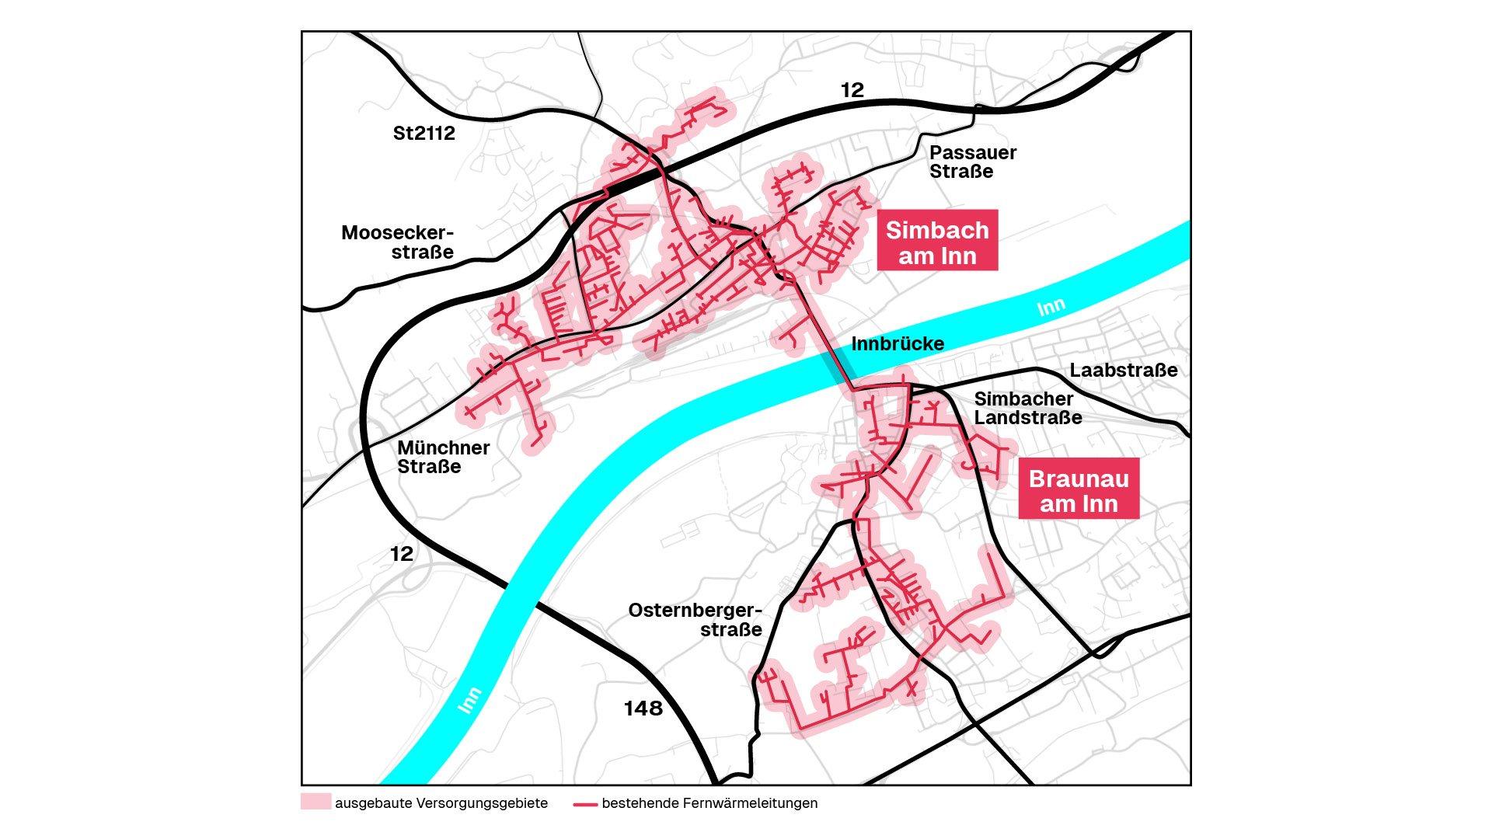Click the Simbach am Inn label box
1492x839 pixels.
[937, 242]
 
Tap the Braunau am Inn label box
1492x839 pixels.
[1079, 490]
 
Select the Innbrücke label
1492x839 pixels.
[898, 343]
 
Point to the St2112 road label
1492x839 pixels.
[424, 133]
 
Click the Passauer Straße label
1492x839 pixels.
[971, 162]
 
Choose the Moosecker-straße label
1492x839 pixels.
[397, 242]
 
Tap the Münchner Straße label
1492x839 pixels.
[443, 457]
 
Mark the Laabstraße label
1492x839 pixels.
[1123, 371]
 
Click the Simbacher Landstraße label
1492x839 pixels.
[1027, 408]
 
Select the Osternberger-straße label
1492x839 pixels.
[695, 619]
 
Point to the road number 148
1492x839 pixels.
[643, 708]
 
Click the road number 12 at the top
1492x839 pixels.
[852, 90]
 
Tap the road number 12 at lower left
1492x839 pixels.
[401, 554]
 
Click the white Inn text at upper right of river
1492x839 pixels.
[1051, 308]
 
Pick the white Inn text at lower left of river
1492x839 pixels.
[469, 700]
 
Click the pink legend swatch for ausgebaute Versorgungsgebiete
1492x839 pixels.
[315, 802]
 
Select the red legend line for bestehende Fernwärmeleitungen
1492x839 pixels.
[584, 804]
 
